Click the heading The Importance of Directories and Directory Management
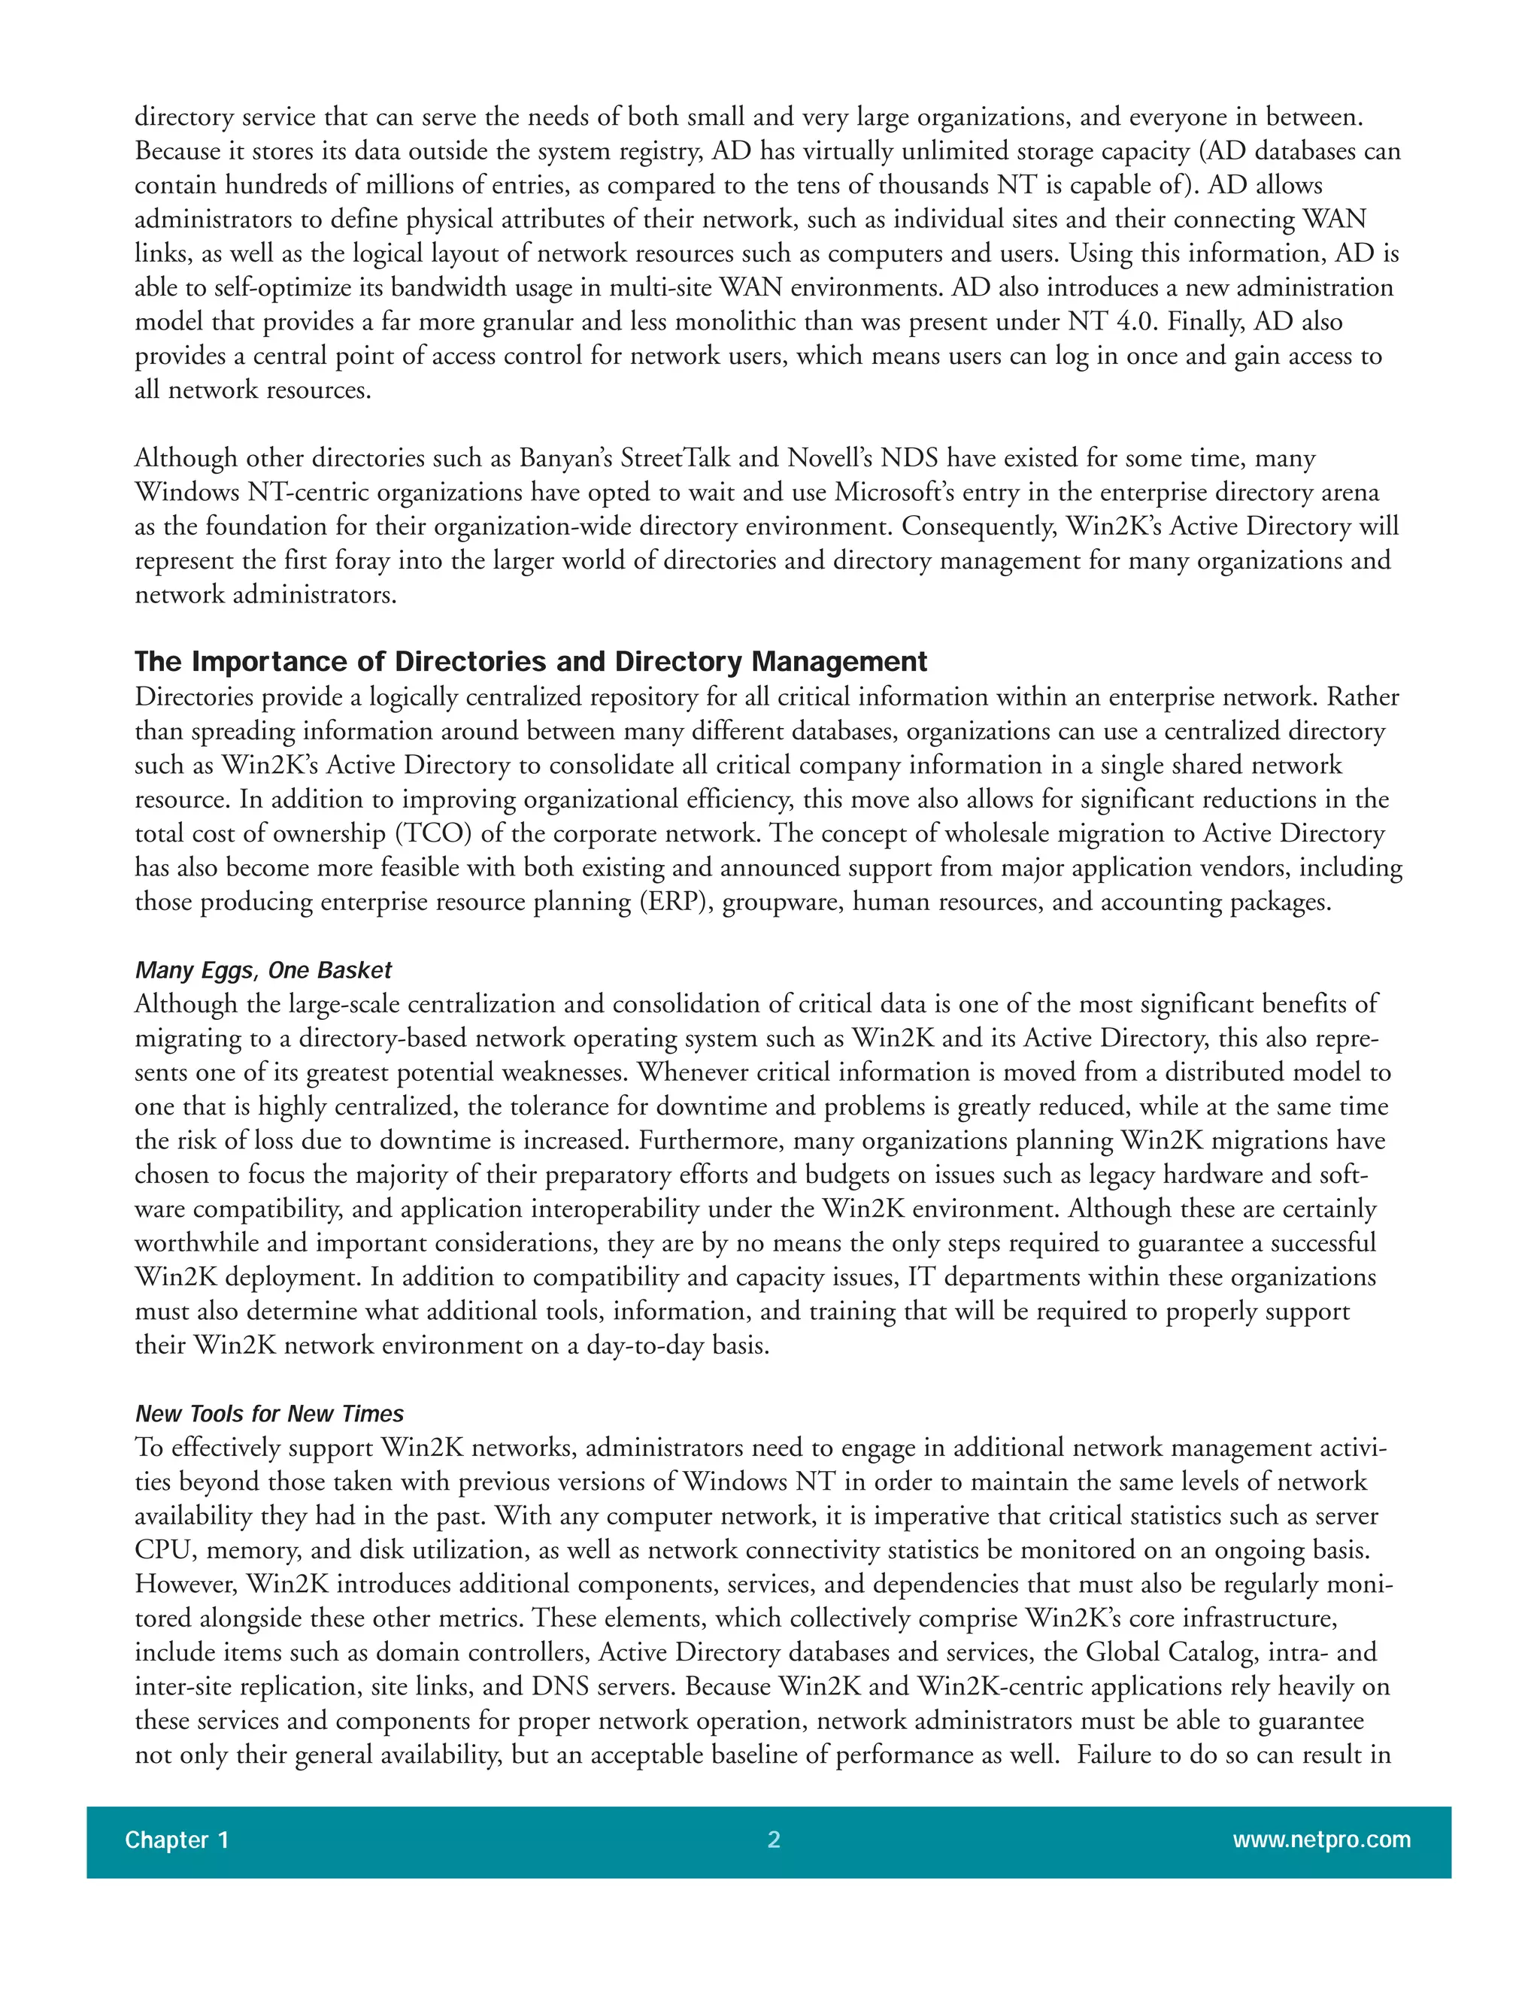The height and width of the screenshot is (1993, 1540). click(530, 662)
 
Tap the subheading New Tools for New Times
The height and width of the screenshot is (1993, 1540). click(269, 1414)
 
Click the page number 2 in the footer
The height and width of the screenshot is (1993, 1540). click(774, 1840)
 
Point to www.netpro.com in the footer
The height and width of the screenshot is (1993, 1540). click(1321, 1840)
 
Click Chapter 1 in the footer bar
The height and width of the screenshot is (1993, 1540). click(177, 1840)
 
